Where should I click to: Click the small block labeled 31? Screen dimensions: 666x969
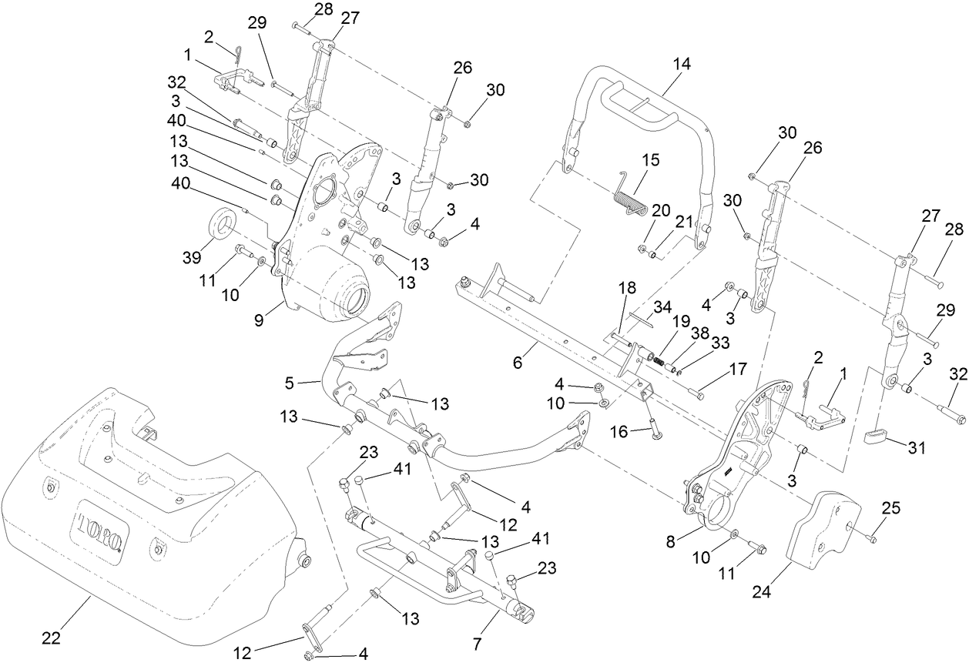click(873, 437)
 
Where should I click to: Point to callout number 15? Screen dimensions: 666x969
click(651, 160)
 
